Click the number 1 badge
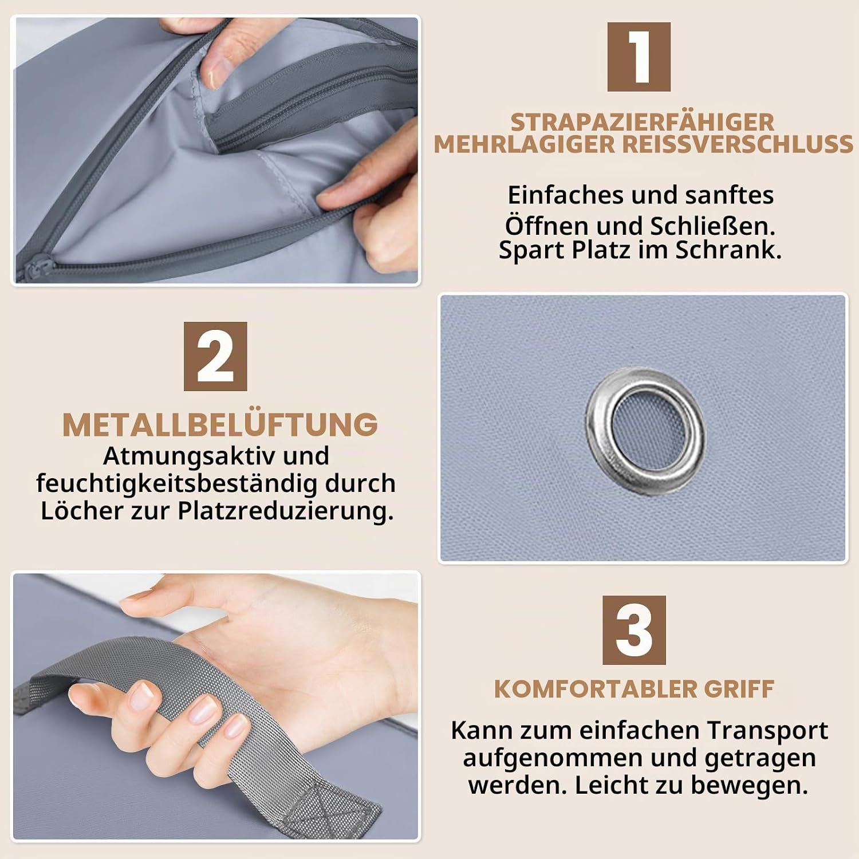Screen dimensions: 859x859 (x=639, y=57)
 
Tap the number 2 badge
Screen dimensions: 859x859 (x=215, y=356)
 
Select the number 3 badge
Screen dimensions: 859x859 (x=634, y=630)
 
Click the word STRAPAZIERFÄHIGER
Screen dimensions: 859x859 (x=642, y=122)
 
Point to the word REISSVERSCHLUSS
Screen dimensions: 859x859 (x=738, y=144)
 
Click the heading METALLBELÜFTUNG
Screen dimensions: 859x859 (x=220, y=424)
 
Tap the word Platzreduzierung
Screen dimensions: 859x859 (x=286, y=511)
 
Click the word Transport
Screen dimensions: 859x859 (x=767, y=731)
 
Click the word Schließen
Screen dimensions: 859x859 (x=712, y=226)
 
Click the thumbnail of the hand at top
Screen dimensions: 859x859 (x=216, y=150)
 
